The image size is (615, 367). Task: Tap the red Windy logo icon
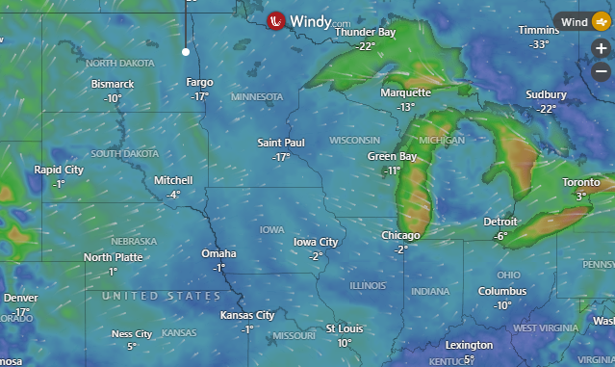[276, 20]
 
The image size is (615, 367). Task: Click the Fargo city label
[199, 83]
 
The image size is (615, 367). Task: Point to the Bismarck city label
[113, 85]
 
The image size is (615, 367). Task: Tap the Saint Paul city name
[281, 143]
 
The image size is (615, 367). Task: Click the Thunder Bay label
[365, 33]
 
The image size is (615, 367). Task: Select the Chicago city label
[400, 236]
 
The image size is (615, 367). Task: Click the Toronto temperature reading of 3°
[581, 196]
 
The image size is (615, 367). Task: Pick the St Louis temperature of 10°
[344, 343]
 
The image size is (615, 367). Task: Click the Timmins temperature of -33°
[539, 44]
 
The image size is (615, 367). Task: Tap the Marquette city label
[405, 93]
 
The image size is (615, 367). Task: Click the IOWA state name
[271, 229]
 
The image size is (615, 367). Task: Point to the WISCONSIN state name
[355, 140]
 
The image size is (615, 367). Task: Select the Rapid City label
[59, 170]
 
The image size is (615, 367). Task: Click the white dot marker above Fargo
[186, 52]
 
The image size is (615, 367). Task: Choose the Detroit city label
[500, 223]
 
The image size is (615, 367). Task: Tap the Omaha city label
[218, 253]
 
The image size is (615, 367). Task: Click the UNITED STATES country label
[162, 296]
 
